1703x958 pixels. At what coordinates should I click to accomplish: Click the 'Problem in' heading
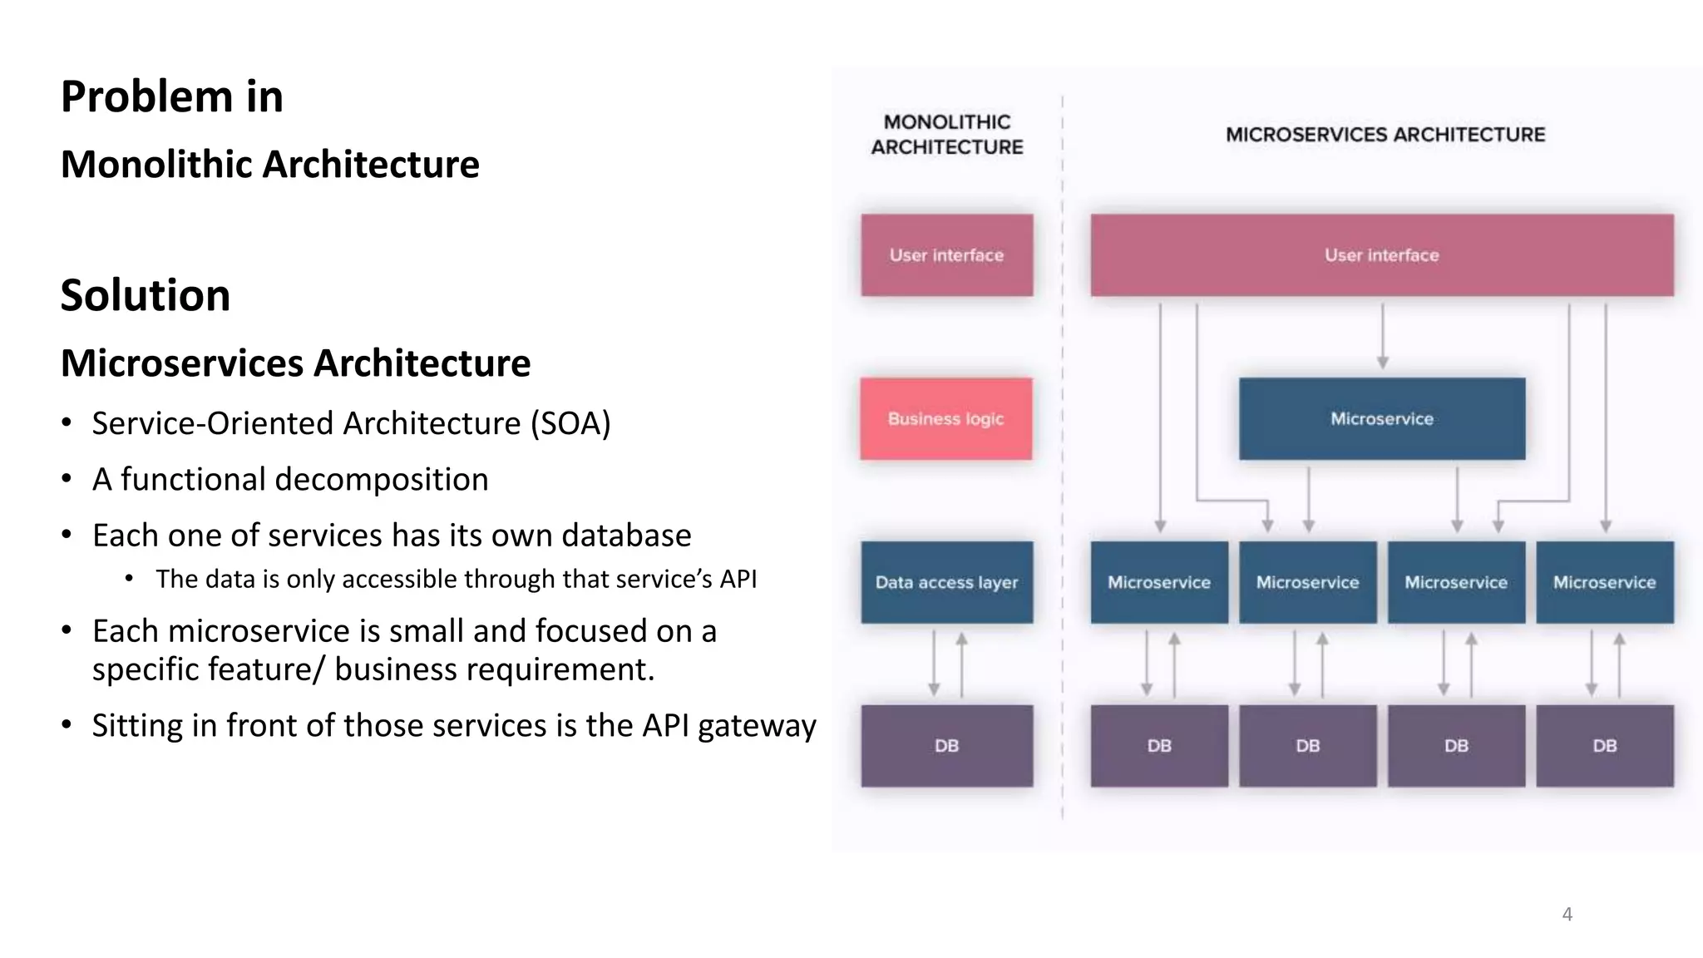click(x=172, y=96)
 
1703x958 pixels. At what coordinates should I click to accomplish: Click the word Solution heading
click(x=146, y=295)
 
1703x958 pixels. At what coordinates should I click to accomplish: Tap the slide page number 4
click(x=1567, y=914)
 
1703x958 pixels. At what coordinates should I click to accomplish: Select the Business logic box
click(x=946, y=419)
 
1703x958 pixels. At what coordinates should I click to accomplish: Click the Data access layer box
click(x=946, y=582)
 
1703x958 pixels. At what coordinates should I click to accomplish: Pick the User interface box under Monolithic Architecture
click(x=946, y=255)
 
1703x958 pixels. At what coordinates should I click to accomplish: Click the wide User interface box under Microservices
click(x=1381, y=255)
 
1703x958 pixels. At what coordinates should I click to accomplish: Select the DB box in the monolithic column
click(x=946, y=746)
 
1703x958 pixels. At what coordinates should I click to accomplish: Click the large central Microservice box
click(x=1381, y=419)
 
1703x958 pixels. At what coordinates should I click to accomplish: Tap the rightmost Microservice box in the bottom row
click(x=1604, y=582)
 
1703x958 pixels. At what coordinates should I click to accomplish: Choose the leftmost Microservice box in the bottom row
click(x=1158, y=582)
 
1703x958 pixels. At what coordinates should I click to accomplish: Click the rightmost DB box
click(x=1604, y=746)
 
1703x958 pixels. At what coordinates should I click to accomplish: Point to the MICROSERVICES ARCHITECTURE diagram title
click(x=1385, y=135)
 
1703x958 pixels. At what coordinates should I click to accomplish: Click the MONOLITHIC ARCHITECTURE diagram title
click(x=946, y=135)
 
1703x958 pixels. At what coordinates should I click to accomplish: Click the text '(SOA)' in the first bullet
click(x=570, y=423)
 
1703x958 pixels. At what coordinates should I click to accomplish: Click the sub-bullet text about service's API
click(x=456, y=579)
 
